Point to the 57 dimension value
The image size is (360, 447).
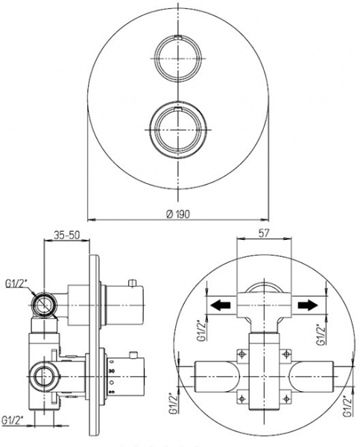click(x=263, y=232)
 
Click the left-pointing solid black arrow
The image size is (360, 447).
click(x=220, y=305)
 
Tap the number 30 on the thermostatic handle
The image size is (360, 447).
click(x=112, y=371)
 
